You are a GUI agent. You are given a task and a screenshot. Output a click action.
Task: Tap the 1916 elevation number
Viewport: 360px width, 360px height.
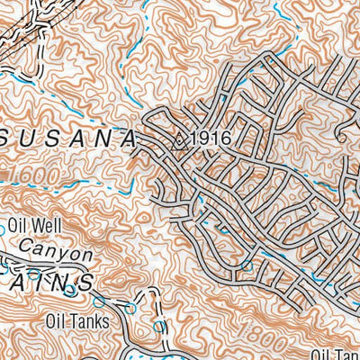211,139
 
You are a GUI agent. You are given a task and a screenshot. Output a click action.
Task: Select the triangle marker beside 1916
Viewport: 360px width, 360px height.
179,139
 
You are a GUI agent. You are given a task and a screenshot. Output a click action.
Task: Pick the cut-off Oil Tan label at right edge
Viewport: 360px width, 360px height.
337,355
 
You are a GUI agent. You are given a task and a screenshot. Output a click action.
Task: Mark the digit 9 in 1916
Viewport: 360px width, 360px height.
203,139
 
